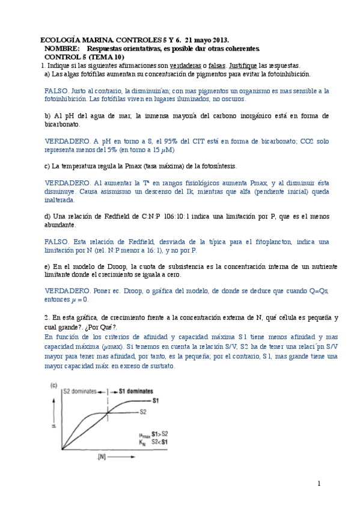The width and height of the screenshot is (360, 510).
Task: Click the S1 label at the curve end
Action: [155, 400]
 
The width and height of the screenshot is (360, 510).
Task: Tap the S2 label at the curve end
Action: [143, 412]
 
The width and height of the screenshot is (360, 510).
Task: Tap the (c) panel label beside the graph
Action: [53, 385]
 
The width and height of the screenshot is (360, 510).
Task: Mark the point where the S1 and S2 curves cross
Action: [107, 413]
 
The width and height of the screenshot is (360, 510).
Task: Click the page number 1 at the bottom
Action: [319, 484]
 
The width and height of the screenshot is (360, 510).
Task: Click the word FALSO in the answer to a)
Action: [56, 91]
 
